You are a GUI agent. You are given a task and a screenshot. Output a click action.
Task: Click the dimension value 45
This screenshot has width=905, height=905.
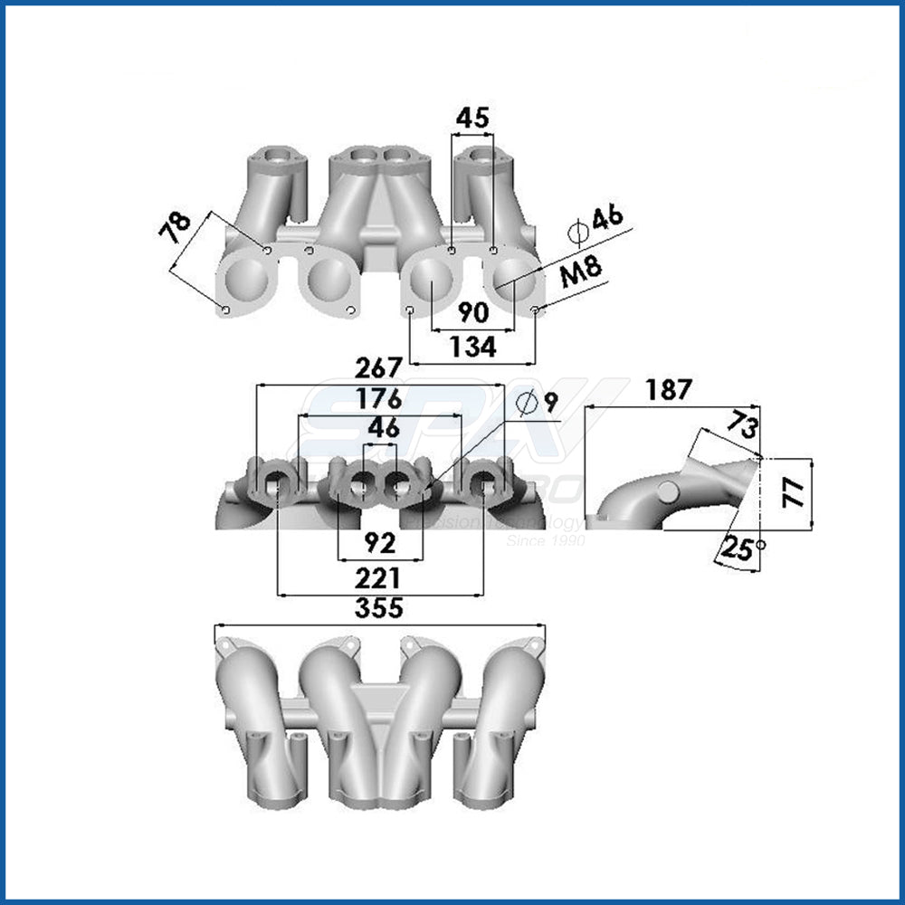[x=472, y=118]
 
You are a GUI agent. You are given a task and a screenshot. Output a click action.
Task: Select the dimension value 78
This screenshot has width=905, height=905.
[x=177, y=230]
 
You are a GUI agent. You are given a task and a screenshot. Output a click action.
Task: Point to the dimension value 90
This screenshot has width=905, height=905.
[x=472, y=313]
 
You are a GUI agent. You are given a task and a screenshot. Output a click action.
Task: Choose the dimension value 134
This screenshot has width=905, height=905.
[x=472, y=347]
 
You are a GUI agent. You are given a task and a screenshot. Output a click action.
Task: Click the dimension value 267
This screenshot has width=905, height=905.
[x=377, y=368]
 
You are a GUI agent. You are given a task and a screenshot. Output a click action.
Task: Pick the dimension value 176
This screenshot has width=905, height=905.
[x=378, y=399]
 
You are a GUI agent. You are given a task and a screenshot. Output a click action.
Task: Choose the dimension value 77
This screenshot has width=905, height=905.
[x=792, y=493]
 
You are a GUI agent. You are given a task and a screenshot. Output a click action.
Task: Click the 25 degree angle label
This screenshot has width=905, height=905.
[x=740, y=549]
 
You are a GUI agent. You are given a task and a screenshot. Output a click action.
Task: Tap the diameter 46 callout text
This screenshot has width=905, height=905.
[x=599, y=219]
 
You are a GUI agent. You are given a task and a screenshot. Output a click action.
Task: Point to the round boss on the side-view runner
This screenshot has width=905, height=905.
[x=668, y=491]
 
